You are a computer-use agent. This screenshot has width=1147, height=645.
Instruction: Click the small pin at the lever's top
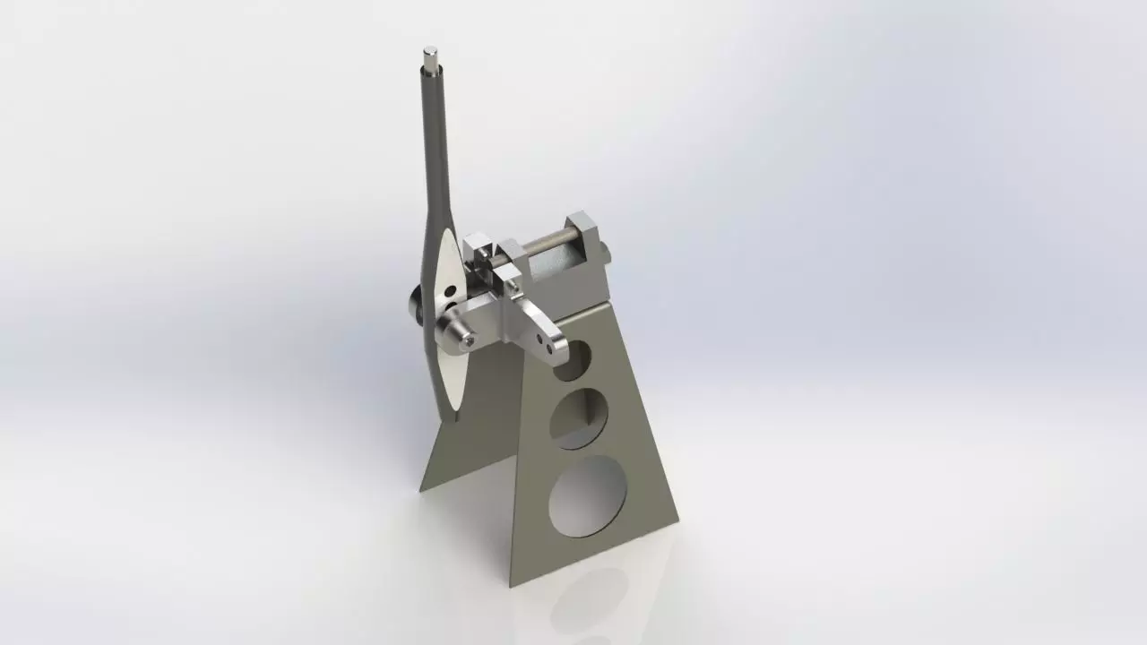[432, 60]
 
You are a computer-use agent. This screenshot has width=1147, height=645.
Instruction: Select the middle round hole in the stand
[578, 418]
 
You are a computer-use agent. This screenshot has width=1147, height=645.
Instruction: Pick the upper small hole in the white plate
[448, 290]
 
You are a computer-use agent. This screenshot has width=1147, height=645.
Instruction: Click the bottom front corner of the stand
[513, 583]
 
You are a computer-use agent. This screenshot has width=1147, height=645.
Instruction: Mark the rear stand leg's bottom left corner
[422, 488]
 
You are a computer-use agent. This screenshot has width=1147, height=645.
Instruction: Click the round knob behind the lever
[415, 306]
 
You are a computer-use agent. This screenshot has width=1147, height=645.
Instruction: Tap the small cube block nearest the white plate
[477, 248]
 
